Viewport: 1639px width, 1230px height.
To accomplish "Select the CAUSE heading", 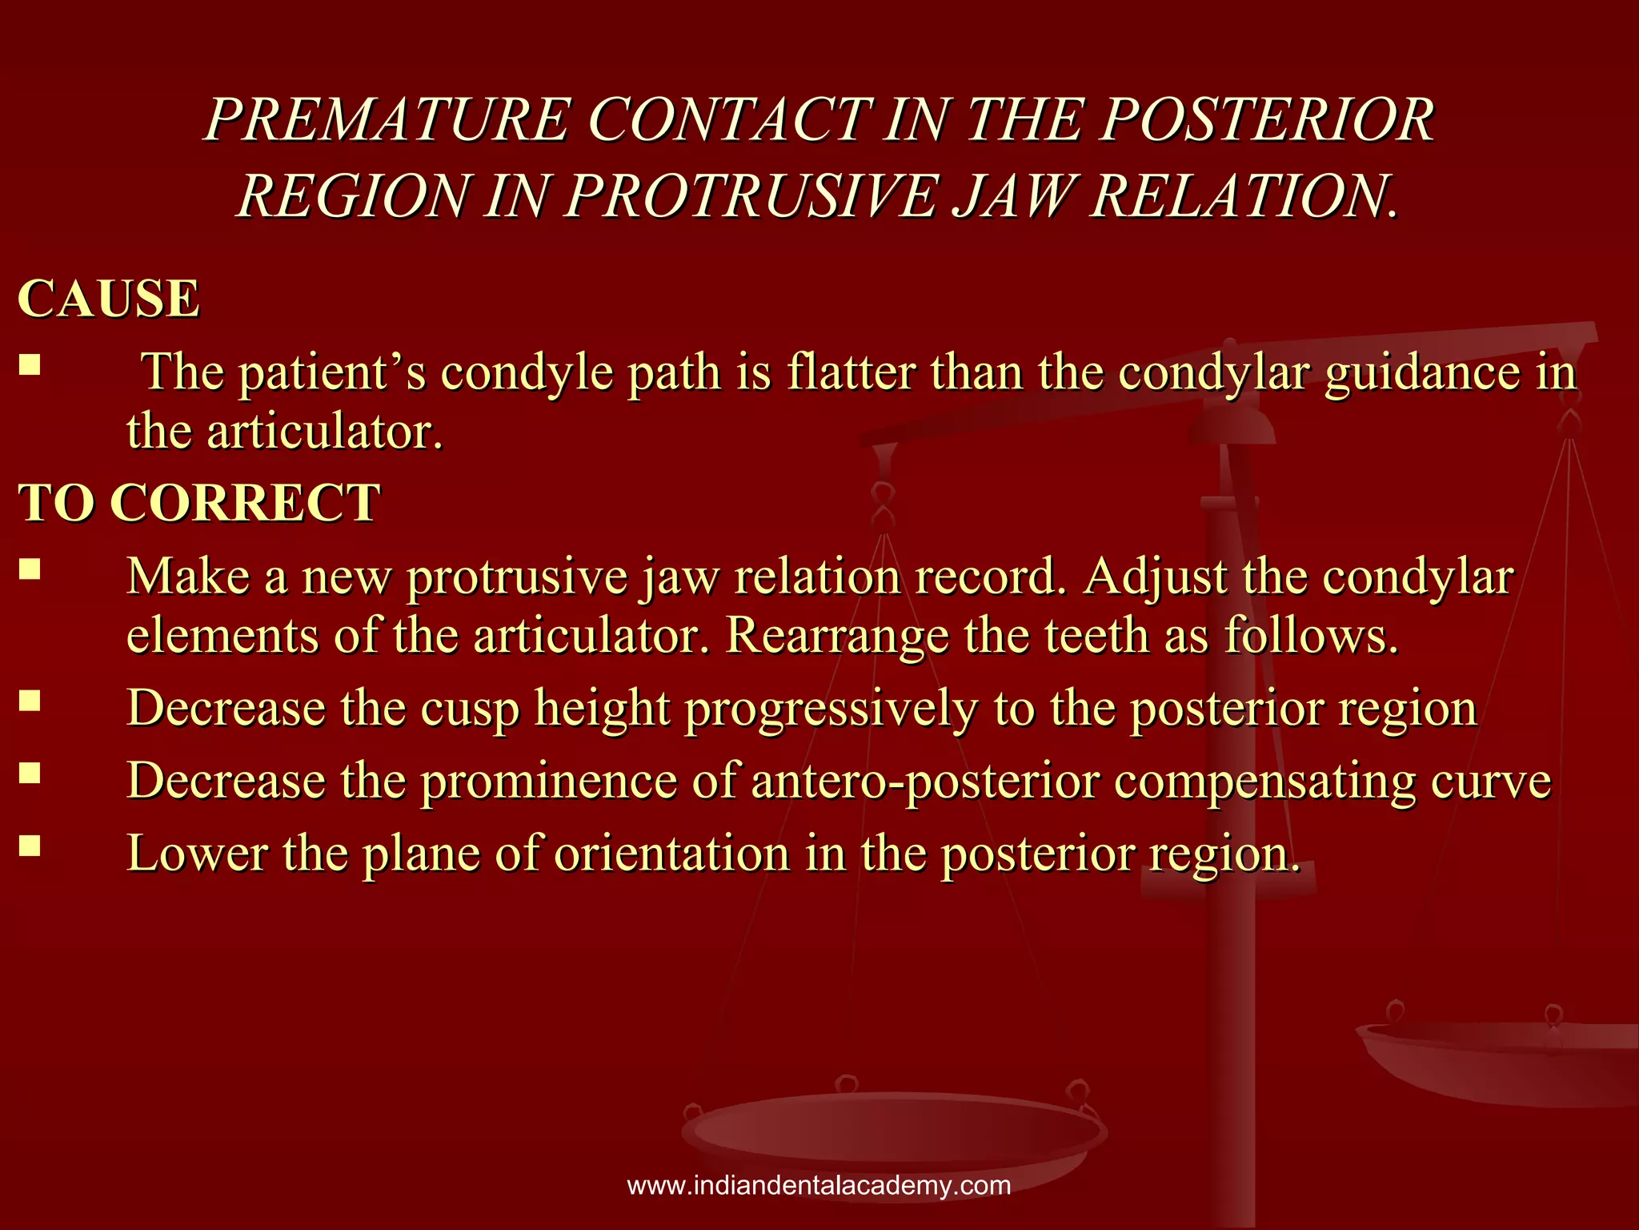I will [109, 299].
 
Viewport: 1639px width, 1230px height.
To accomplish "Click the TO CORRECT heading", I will [199, 503].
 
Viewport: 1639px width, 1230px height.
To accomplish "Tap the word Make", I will [188, 577].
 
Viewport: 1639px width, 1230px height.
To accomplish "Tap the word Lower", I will [197, 853].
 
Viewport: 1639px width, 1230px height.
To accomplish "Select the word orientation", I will [671, 853].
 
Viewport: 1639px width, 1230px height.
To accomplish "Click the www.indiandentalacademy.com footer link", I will [819, 1185].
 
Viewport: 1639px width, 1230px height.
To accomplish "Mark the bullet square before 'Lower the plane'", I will [30, 845].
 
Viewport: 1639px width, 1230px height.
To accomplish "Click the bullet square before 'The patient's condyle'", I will [30, 365].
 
